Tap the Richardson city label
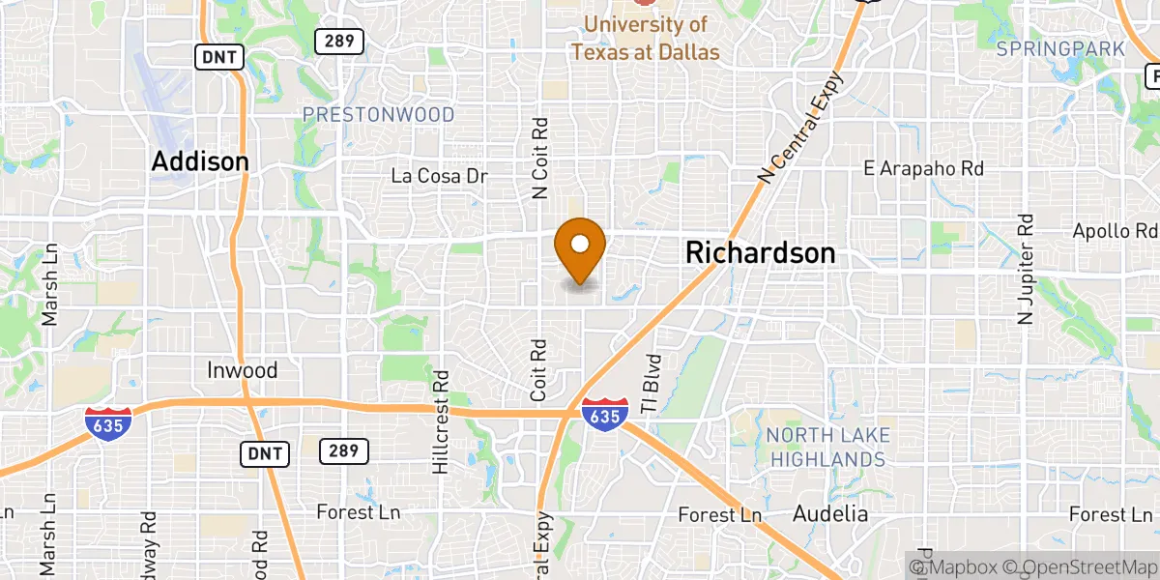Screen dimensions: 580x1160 coord(760,253)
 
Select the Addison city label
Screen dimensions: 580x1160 coord(200,161)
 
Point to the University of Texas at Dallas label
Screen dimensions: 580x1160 coord(645,38)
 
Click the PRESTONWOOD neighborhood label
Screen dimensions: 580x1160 coord(378,115)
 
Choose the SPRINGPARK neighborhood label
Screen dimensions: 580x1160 coord(1060,48)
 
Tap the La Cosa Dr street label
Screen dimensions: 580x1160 coord(439,176)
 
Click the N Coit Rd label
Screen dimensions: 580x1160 coord(540,159)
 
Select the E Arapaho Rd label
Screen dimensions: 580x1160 coord(923,168)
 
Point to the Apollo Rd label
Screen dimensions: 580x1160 coord(1115,231)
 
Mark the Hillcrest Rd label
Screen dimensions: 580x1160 coord(441,421)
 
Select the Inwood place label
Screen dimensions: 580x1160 coord(243,370)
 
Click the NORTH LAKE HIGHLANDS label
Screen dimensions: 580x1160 coord(826,447)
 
